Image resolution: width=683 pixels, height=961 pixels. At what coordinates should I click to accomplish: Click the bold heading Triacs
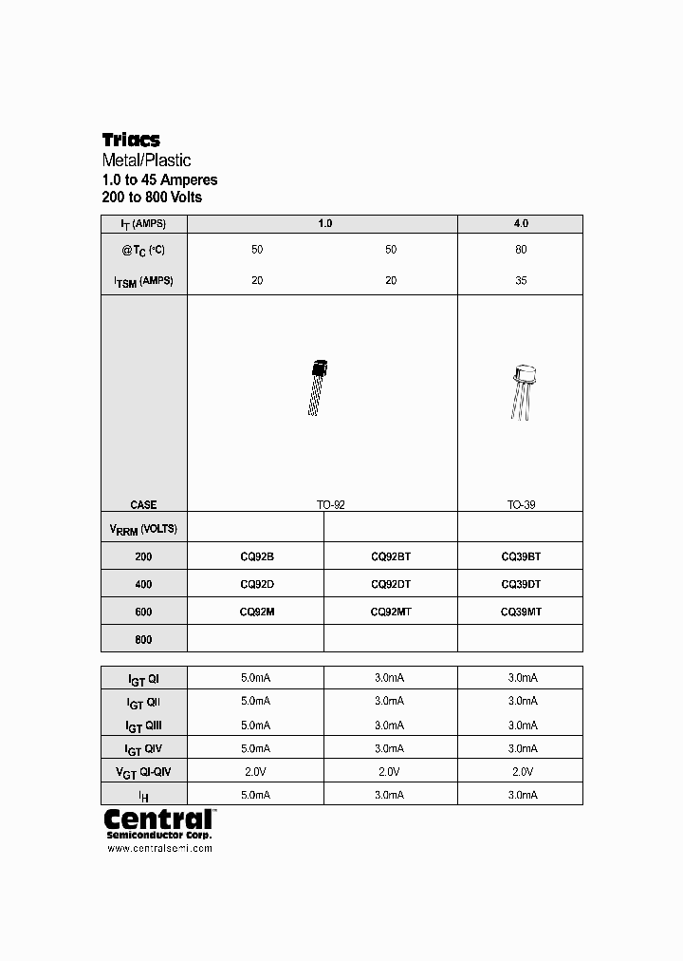point(131,141)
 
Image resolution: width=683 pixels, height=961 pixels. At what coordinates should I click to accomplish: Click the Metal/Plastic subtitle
point(146,160)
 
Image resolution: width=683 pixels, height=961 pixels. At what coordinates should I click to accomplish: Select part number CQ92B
point(256,556)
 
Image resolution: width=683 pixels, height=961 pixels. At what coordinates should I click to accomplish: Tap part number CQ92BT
point(390,556)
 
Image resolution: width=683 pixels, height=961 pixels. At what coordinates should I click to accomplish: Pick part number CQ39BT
point(520,556)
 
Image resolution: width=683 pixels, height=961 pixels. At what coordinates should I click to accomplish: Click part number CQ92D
point(256,584)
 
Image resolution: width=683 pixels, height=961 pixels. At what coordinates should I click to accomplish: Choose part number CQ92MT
point(390,612)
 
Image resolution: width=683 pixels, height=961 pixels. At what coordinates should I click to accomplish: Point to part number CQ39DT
point(520,584)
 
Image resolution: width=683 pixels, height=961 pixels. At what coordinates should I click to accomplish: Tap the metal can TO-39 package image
point(522,389)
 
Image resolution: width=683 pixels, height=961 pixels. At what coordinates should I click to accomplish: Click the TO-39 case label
point(521,505)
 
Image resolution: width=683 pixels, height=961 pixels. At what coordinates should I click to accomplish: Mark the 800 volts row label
point(143,640)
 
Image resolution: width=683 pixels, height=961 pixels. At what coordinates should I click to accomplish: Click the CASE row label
point(143,505)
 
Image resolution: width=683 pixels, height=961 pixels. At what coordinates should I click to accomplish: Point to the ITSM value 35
point(520,281)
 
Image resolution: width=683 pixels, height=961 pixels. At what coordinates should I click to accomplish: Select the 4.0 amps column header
point(520,224)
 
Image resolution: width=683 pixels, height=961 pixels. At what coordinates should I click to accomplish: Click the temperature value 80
point(520,250)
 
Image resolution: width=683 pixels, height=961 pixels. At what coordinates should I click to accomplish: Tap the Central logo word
point(157,819)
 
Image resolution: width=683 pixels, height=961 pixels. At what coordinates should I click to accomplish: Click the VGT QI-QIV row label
point(143,772)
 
